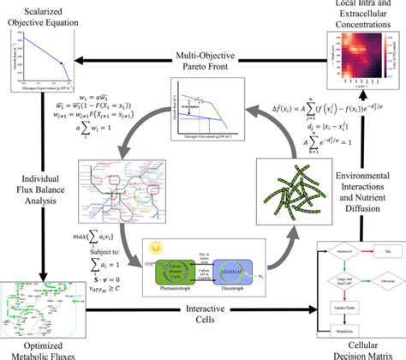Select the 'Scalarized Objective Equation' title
pyautogui.click(x=41, y=14)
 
